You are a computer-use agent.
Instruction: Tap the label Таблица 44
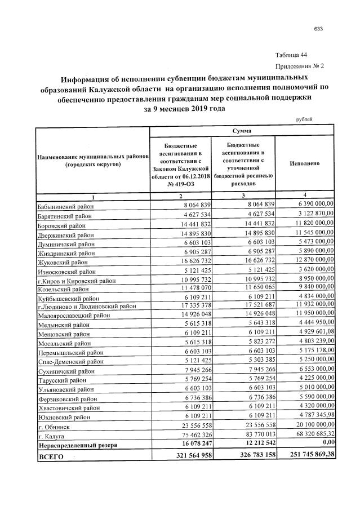pyautogui.click(x=291, y=55)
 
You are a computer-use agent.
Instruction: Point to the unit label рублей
pyautogui.click(x=304, y=119)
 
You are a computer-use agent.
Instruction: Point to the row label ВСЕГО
pyautogui.click(x=51, y=456)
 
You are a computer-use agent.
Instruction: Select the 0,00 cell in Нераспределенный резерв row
pyautogui.click(x=325, y=445)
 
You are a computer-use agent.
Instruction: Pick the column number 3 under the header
pyautogui.click(x=243, y=195)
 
